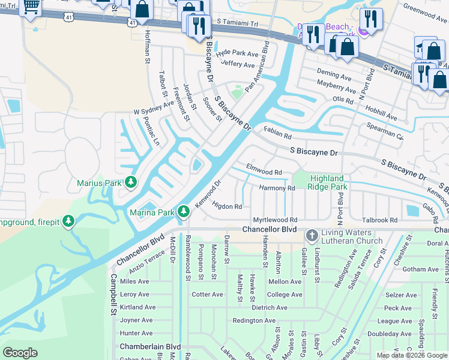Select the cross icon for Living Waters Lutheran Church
[312, 235]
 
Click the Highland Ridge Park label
[328, 182]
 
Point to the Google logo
[20, 352]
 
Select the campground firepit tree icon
[70, 222]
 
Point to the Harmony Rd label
[277, 188]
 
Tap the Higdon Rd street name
[227, 206]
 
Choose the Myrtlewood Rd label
[275, 220]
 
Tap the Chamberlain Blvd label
[150, 347]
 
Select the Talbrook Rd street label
[379, 220]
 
